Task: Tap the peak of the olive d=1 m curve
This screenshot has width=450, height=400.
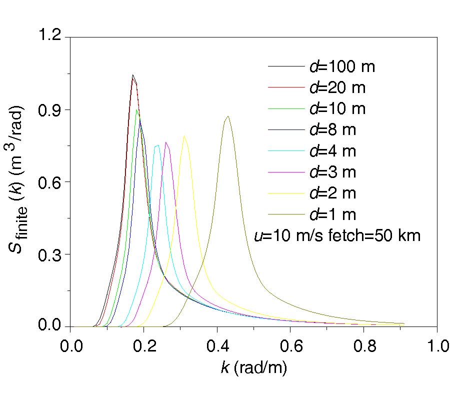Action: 228,116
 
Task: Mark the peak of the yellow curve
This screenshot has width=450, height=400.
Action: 184,136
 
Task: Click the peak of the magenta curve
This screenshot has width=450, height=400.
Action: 166,142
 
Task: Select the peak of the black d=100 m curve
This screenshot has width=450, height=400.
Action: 132,75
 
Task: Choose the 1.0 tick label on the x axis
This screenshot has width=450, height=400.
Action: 437,346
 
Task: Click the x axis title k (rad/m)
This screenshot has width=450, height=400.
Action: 253,368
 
